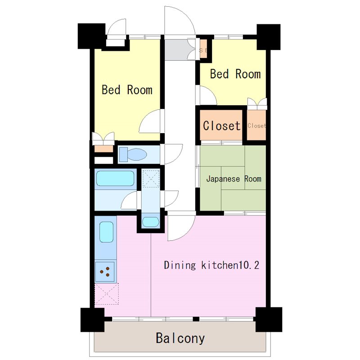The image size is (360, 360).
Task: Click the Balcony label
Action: (x=180, y=338)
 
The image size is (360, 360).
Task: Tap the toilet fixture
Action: (x=133, y=154)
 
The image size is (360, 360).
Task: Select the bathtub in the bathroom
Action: (x=115, y=178)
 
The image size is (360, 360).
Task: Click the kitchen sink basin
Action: (x=107, y=232)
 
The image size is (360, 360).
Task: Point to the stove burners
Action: (x=105, y=271)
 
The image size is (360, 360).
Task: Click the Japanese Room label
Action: (x=234, y=179)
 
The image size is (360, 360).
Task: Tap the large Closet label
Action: (x=221, y=126)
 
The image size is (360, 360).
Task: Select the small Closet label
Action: (x=256, y=126)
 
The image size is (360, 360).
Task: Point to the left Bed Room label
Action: (x=127, y=90)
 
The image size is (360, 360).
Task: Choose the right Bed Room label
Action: (x=235, y=74)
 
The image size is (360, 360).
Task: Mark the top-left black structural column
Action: (x=91, y=36)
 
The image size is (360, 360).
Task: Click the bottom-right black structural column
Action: (x=269, y=319)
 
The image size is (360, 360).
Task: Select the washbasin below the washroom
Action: (x=151, y=222)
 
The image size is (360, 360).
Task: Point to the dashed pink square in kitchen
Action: (x=107, y=294)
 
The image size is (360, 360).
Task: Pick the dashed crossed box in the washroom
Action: (x=151, y=178)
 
